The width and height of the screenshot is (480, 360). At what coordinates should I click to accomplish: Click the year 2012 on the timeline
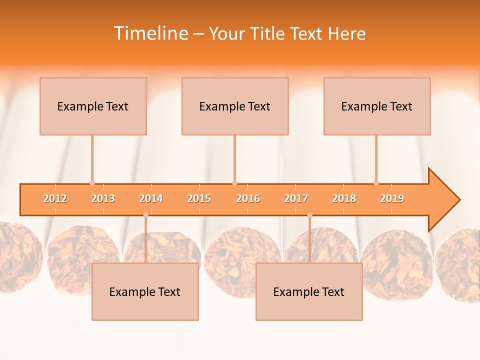(55, 198)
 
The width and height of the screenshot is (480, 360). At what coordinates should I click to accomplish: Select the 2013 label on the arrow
(103, 198)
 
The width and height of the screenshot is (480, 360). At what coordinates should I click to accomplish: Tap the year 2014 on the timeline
(151, 198)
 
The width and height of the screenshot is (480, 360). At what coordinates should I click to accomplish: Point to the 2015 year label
(199, 198)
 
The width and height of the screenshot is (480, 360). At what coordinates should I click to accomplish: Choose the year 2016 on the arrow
(248, 198)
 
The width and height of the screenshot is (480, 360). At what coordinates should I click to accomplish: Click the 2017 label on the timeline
(296, 198)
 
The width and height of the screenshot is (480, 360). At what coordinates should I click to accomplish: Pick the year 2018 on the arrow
(344, 198)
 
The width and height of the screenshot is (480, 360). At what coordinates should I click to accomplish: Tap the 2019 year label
(392, 198)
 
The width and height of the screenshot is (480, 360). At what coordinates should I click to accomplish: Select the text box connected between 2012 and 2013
(93, 106)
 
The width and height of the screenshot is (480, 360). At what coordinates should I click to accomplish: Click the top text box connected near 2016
(235, 106)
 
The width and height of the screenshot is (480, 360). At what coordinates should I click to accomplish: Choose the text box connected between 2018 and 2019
(377, 106)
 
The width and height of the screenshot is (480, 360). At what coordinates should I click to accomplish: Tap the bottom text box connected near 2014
(145, 292)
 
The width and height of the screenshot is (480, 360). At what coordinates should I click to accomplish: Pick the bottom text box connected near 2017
(309, 292)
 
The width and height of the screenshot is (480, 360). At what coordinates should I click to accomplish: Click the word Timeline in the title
(150, 33)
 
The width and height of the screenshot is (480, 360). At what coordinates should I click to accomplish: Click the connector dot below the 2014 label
(145, 215)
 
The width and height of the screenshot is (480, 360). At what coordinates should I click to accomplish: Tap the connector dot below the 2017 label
(309, 215)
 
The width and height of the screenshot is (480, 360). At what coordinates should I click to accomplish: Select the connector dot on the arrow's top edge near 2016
(234, 183)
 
